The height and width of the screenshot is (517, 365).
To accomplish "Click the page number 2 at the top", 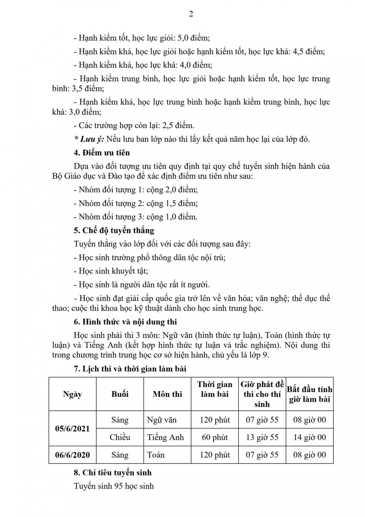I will point(191,14).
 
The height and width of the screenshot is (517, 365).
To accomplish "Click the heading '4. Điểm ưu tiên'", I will point(102,153).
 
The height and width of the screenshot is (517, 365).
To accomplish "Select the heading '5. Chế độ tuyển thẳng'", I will point(114,230).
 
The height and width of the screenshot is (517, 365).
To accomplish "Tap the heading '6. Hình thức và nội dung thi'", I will point(125,322).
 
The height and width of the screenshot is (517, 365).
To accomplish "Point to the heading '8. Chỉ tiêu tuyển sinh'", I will point(113,473).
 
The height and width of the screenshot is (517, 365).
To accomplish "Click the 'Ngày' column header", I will point(72,394).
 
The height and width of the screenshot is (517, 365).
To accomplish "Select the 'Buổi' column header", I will point(120,394).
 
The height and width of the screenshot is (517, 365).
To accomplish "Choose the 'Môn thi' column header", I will point(167,394).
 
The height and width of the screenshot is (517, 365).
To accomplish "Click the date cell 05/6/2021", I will point(72,429).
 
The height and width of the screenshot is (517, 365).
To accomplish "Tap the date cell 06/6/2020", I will point(72,455).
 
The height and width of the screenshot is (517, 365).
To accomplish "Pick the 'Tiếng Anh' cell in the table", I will point(165,437).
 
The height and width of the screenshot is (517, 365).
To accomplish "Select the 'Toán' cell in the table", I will point(156,455).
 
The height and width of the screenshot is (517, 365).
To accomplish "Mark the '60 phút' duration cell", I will point(215,437).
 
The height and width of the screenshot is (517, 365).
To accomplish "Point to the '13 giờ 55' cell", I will point(262,437).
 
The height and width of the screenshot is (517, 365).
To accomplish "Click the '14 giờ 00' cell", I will point(310,437).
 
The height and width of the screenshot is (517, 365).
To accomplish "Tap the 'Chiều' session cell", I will point(120,437).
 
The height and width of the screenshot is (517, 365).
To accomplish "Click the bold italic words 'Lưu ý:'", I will point(92,139).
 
